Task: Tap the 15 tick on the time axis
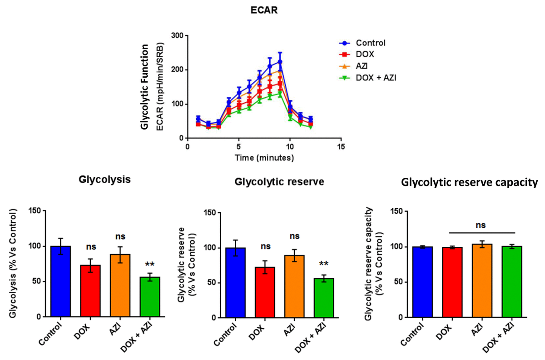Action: click(341, 147)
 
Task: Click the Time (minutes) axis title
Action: click(264, 158)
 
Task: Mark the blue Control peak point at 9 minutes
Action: click(280, 62)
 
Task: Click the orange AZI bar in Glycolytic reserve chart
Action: click(294, 286)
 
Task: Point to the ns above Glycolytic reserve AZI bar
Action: click(294, 236)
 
